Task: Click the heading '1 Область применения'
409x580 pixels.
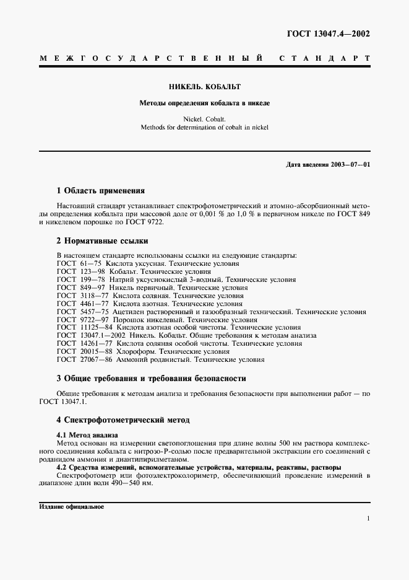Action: click(x=100, y=191)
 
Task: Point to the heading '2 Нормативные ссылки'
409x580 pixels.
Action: click(x=102, y=240)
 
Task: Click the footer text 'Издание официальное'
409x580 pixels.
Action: click(x=71, y=506)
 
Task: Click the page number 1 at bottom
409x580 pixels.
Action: click(x=368, y=519)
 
